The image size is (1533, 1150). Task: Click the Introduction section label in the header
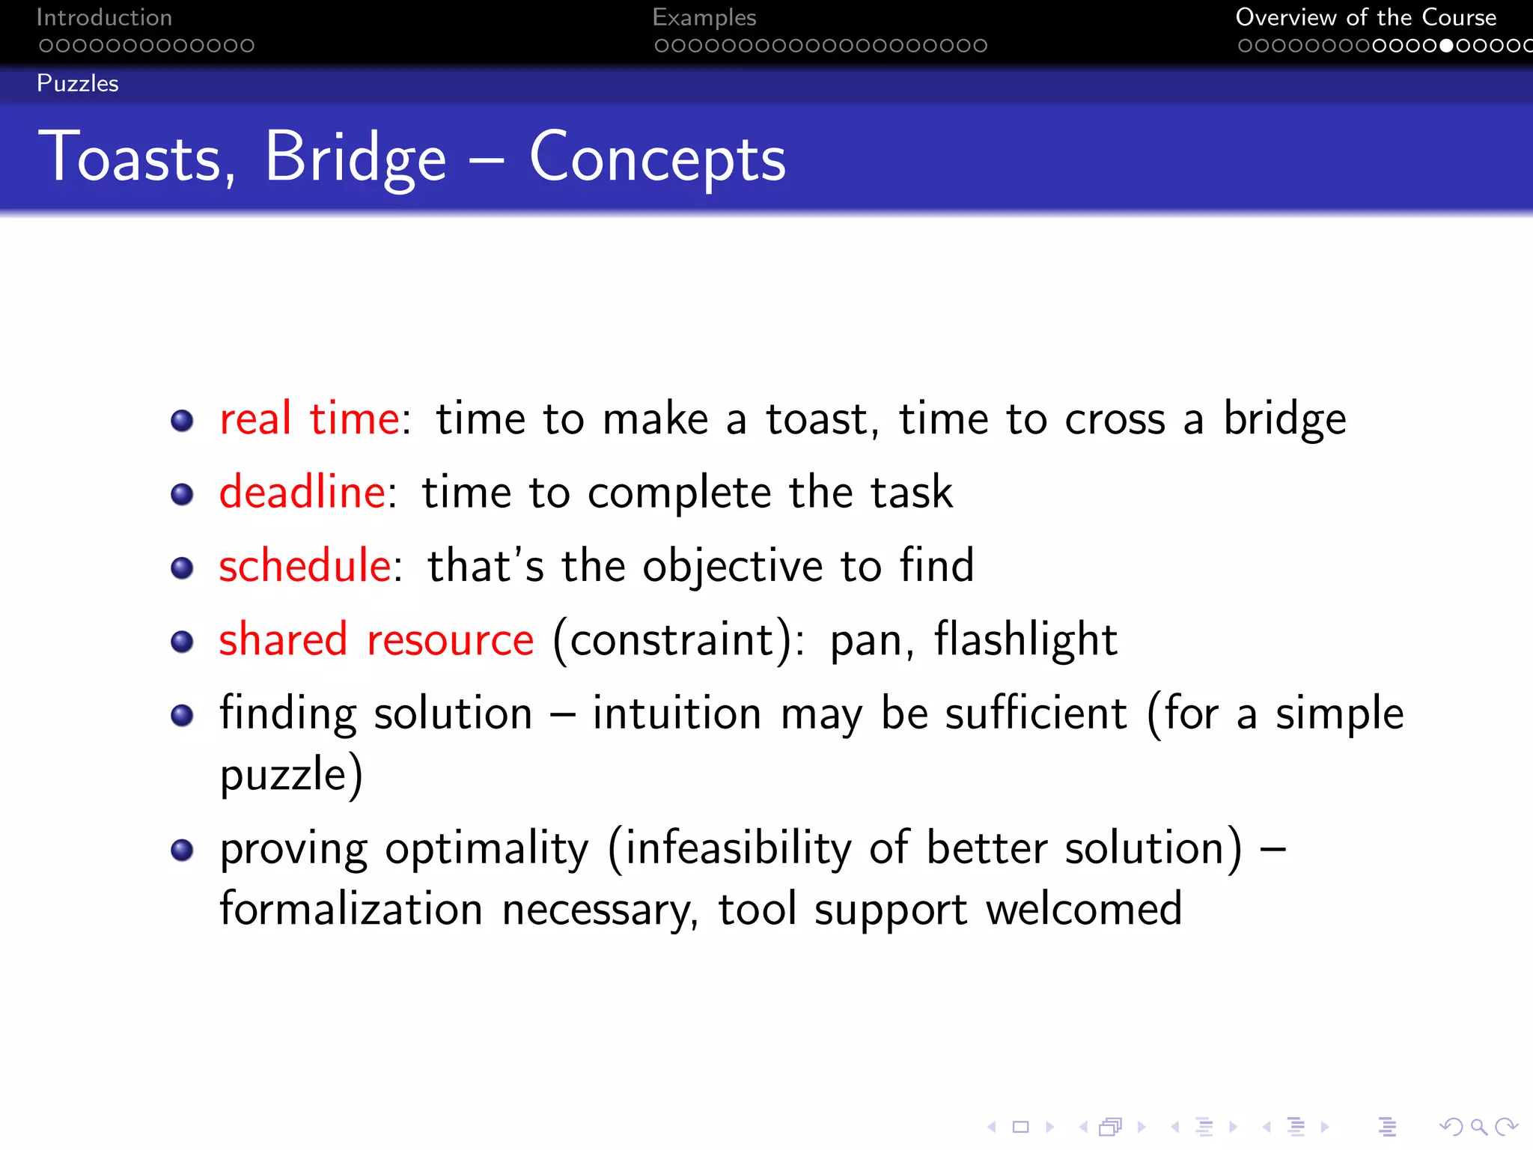pyautogui.click(x=104, y=17)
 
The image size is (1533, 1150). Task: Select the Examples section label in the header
pyautogui.click(x=704, y=17)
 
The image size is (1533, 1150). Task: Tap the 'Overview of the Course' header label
pyautogui.click(x=1365, y=17)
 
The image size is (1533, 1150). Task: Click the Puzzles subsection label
pyautogui.click(x=78, y=83)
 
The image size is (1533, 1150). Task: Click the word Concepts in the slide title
pyautogui.click(x=657, y=157)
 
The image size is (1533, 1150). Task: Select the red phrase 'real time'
pyautogui.click(x=309, y=418)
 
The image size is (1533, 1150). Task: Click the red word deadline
pyautogui.click(x=302, y=492)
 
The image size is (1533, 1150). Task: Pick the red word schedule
pyautogui.click(x=305, y=565)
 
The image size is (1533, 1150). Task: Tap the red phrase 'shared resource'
pyautogui.click(x=376, y=639)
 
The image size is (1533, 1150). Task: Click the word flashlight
pyautogui.click(x=1025, y=639)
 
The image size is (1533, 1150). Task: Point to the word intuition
pyautogui.click(x=677, y=713)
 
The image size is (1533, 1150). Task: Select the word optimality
pyautogui.click(x=487, y=849)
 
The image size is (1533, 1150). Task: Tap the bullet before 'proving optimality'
pyautogui.click(x=182, y=850)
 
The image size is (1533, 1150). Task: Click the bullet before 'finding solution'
pyautogui.click(x=182, y=715)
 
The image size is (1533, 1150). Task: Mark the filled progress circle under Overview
pyautogui.click(x=1446, y=46)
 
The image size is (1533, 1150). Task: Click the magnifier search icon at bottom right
pyautogui.click(x=1478, y=1127)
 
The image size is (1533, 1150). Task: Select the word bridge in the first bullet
pyautogui.click(x=1284, y=418)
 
